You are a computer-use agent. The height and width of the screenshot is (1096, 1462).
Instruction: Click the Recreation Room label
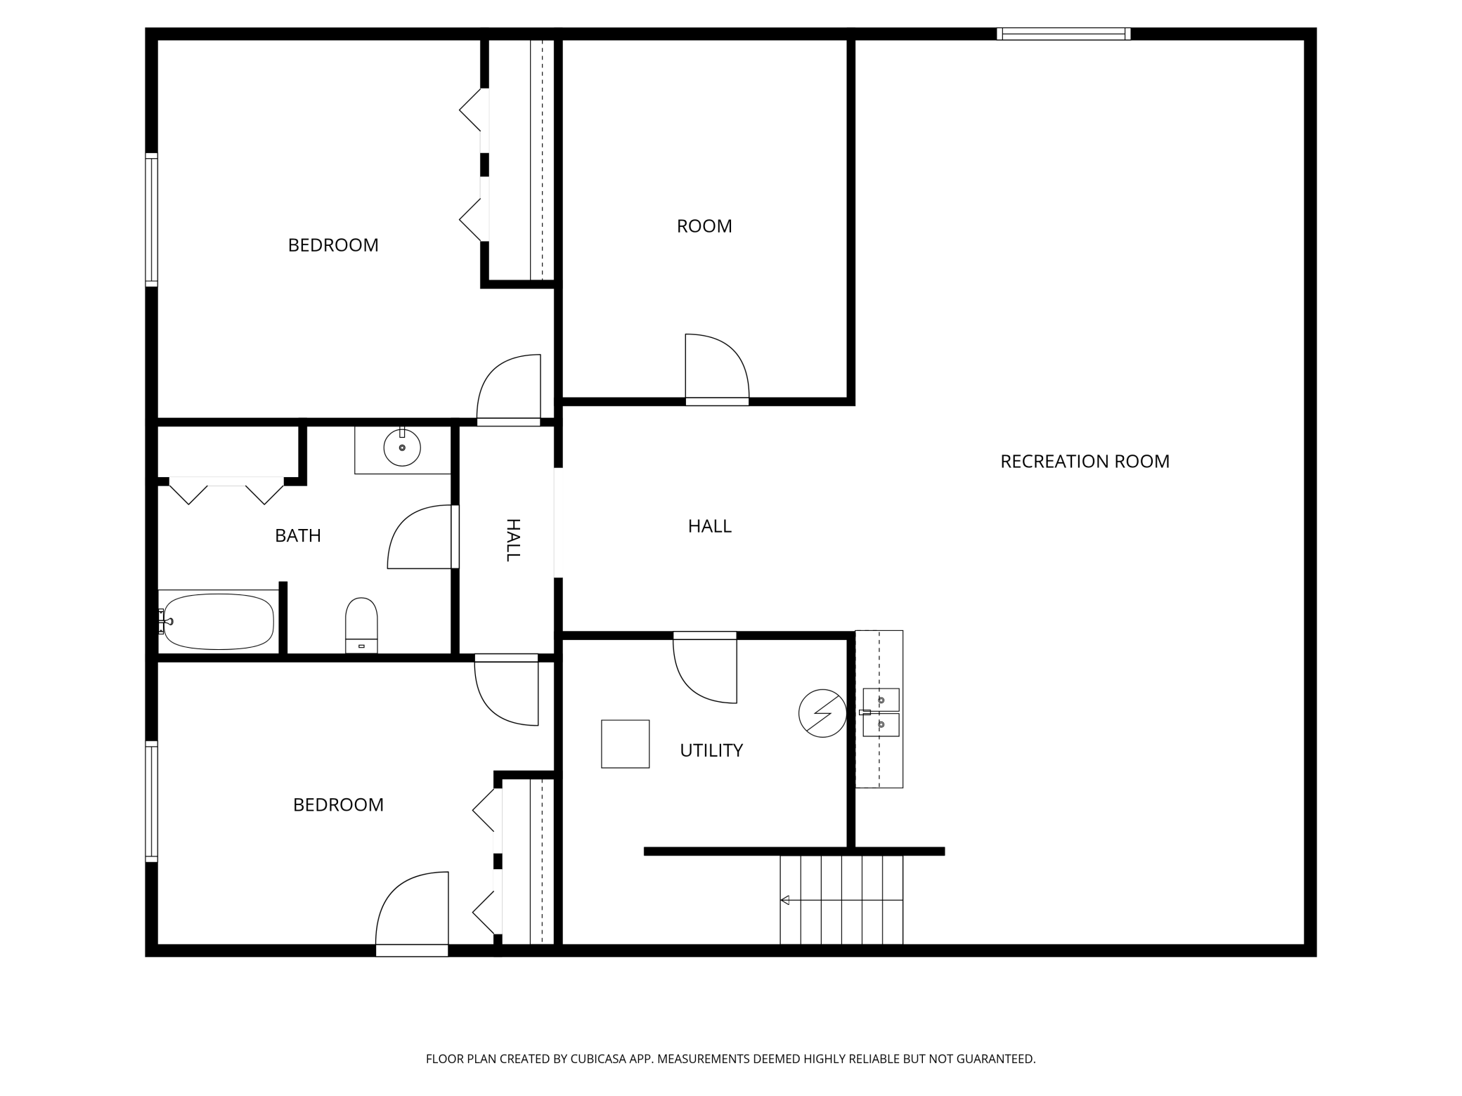tap(1085, 462)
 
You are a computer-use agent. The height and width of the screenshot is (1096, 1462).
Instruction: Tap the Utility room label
tap(711, 750)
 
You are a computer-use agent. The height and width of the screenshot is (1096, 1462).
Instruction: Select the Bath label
tap(298, 535)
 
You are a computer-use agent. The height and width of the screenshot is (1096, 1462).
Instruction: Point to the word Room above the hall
tap(704, 226)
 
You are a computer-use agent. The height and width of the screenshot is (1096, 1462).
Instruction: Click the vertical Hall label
tap(513, 540)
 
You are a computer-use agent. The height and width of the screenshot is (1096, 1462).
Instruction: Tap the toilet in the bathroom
tap(361, 625)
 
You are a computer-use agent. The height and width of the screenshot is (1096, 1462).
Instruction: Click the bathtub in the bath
tap(218, 622)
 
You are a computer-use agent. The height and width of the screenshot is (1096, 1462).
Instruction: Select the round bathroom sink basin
tap(402, 448)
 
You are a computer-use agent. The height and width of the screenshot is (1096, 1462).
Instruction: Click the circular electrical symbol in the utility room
tap(822, 714)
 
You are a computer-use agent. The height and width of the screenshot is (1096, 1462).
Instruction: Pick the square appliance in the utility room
tap(625, 744)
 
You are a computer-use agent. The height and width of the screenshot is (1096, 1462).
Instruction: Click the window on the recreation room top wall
tap(1063, 34)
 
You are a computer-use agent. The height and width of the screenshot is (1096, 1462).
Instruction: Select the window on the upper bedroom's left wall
tap(151, 219)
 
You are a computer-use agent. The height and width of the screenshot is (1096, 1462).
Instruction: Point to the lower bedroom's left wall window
tap(151, 801)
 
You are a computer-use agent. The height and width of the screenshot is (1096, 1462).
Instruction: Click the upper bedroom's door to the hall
tap(509, 390)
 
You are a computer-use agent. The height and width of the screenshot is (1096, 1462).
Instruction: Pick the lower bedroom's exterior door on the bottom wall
tap(412, 913)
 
